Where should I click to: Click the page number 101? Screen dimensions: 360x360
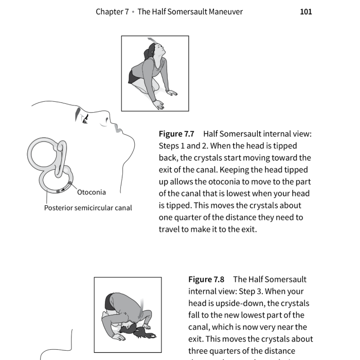pyautogui.click(x=305, y=11)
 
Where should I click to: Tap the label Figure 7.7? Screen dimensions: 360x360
pyautogui.click(x=176, y=134)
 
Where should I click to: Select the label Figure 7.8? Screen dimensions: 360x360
pyautogui.click(x=206, y=279)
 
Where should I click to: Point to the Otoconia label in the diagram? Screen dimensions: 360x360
pyautogui.click(x=92, y=192)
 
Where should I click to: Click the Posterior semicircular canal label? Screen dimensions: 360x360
pyautogui.click(x=88, y=208)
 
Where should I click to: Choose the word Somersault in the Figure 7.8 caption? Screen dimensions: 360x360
pyautogui.click(x=286, y=279)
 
